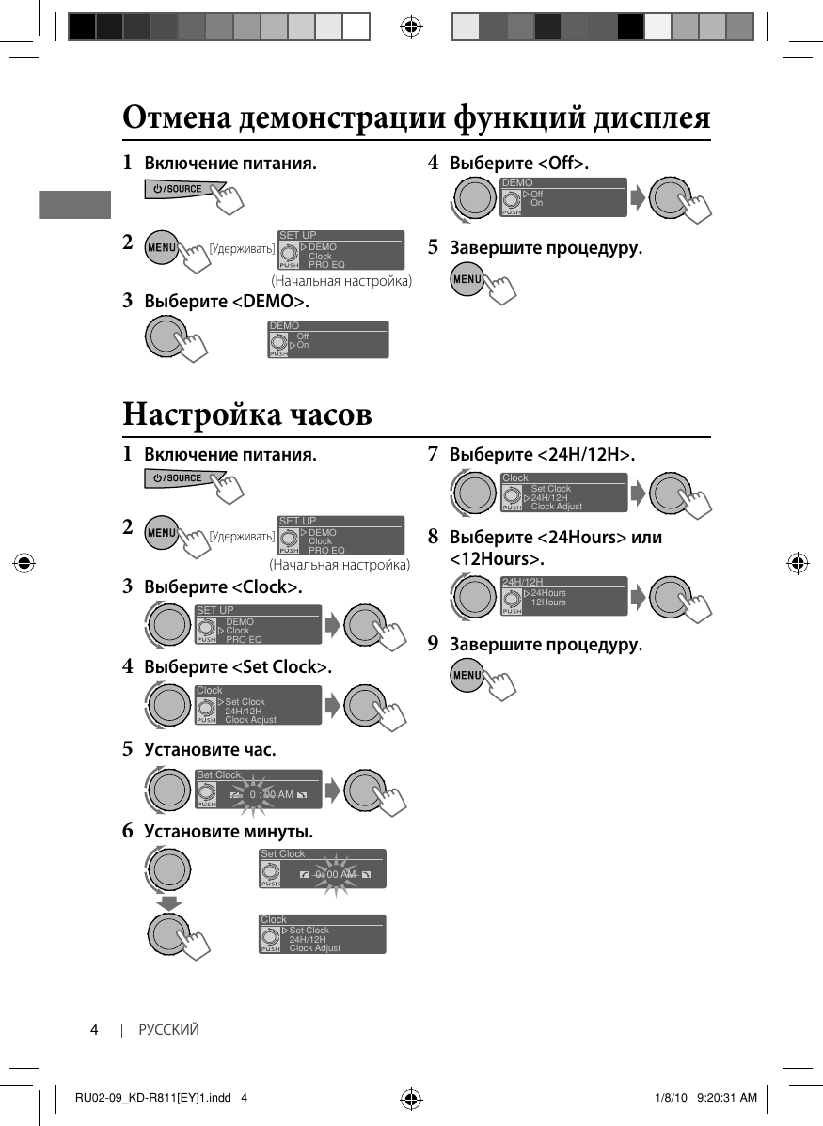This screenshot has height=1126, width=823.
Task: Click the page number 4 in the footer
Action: click(x=94, y=1030)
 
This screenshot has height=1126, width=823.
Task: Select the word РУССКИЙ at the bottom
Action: click(x=169, y=1030)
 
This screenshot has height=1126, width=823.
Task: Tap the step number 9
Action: click(x=433, y=645)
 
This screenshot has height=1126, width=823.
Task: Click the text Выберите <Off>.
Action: click(x=519, y=164)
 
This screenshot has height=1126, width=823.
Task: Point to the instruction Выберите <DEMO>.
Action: click(x=226, y=302)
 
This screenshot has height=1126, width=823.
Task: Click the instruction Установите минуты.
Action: click(x=229, y=832)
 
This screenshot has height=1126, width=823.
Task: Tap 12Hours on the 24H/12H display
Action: click(x=548, y=602)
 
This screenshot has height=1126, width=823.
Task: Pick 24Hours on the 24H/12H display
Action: click(x=548, y=593)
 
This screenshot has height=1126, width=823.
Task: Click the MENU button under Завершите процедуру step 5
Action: click(x=467, y=280)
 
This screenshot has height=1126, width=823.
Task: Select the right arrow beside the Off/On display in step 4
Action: click(x=638, y=197)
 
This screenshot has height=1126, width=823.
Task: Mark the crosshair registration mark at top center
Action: click(x=411, y=26)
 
